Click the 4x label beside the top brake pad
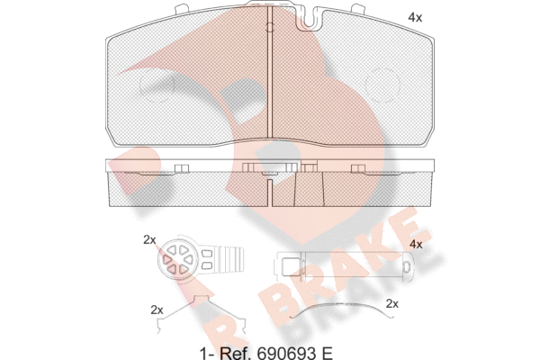pos(414,17)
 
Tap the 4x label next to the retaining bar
pos(415,244)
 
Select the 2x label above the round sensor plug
pos(149,239)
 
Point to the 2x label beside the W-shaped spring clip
pos(157,310)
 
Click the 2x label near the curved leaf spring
pos(391,303)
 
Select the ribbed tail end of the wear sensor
pos(231,261)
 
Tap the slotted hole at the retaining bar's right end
pos(406,268)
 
